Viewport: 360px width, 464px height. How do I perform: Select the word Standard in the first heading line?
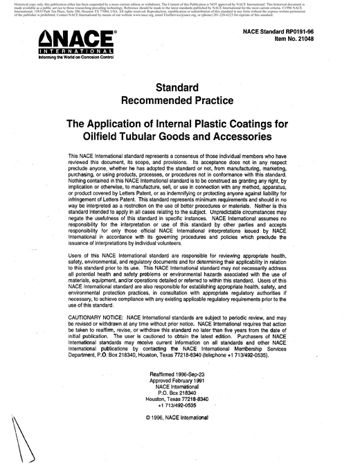click(x=179, y=88)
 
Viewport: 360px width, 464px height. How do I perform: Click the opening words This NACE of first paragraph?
click(x=88, y=158)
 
